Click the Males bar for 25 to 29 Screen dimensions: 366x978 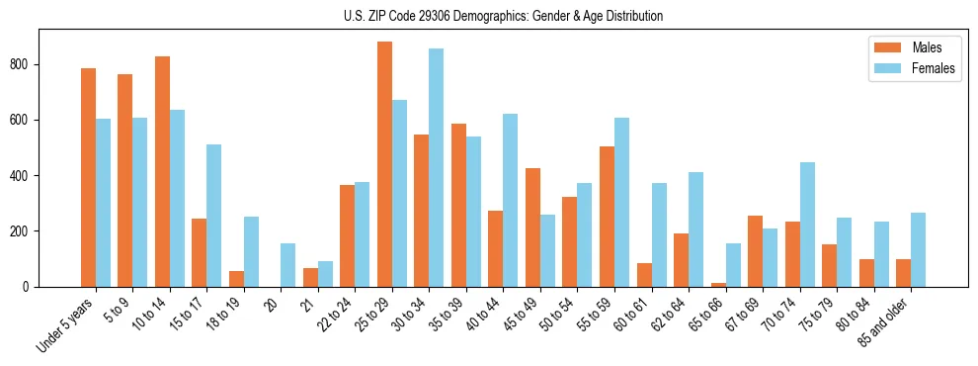pos(384,164)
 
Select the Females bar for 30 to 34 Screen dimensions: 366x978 pos(437,167)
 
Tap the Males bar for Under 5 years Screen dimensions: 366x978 pos(88,177)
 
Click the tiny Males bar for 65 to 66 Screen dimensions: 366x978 pos(718,285)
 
